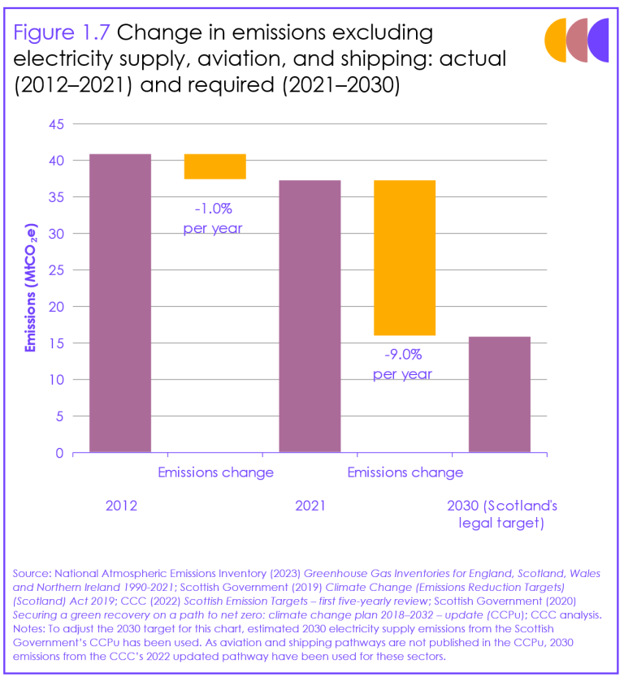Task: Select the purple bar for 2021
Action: point(310,316)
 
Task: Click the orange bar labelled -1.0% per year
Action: point(214,166)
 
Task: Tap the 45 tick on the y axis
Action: point(57,124)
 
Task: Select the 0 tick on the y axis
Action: point(60,453)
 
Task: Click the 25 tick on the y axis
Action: point(57,270)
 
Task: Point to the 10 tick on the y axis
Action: point(57,380)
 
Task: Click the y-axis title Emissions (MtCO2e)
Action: point(31,289)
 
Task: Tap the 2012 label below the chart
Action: point(121,506)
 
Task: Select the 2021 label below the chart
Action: point(310,506)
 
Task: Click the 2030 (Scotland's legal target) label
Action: point(501,515)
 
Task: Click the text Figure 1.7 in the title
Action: point(62,33)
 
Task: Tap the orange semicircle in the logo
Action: point(555,41)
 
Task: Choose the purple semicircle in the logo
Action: point(600,41)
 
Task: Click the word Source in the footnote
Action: point(29,574)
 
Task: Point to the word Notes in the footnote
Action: point(29,628)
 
